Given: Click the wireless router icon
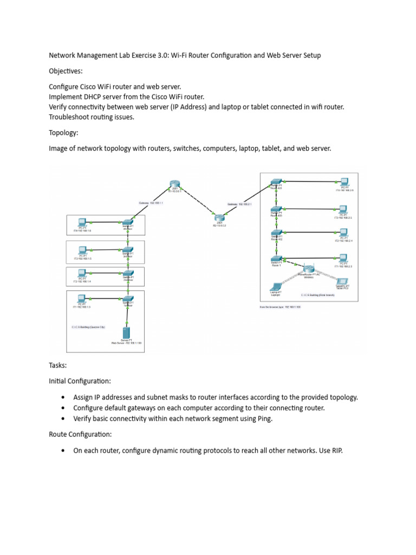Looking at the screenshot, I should (x=309, y=268).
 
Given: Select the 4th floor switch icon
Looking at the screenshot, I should (x=128, y=223).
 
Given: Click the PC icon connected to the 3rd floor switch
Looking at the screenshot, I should (x=82, y=250).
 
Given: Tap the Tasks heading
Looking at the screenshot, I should (x=58, y=366).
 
